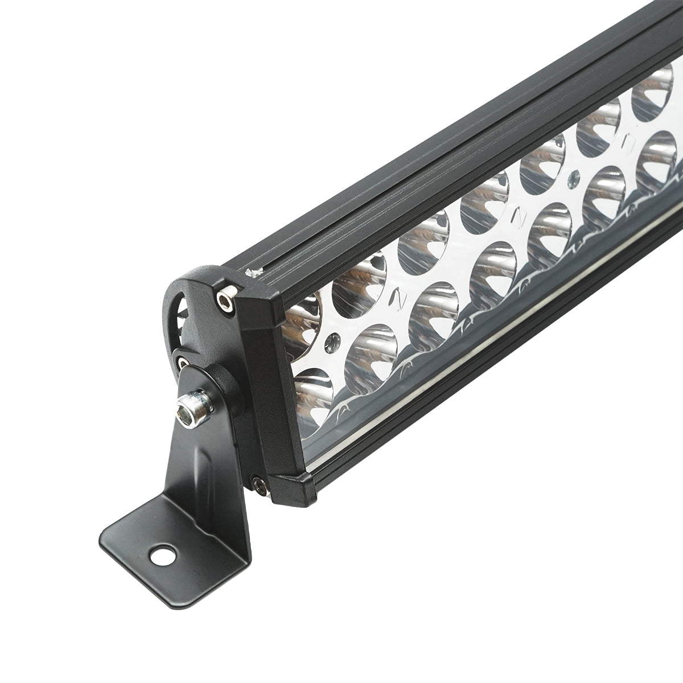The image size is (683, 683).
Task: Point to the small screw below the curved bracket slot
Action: click(181, 361)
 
